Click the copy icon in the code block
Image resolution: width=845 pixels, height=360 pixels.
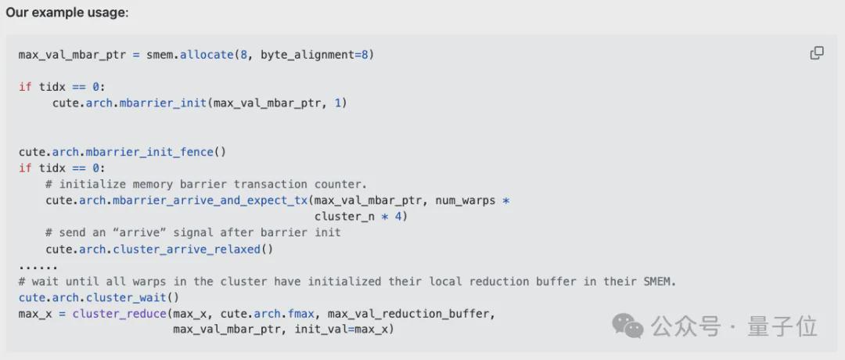[816, 53]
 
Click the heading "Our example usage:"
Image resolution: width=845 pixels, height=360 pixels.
[67, 13]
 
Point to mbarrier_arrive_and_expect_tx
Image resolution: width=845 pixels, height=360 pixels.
[193, 201]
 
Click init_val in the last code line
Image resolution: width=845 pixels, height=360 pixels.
[322, 329]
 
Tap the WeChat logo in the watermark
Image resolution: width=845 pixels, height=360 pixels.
[627, 326]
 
